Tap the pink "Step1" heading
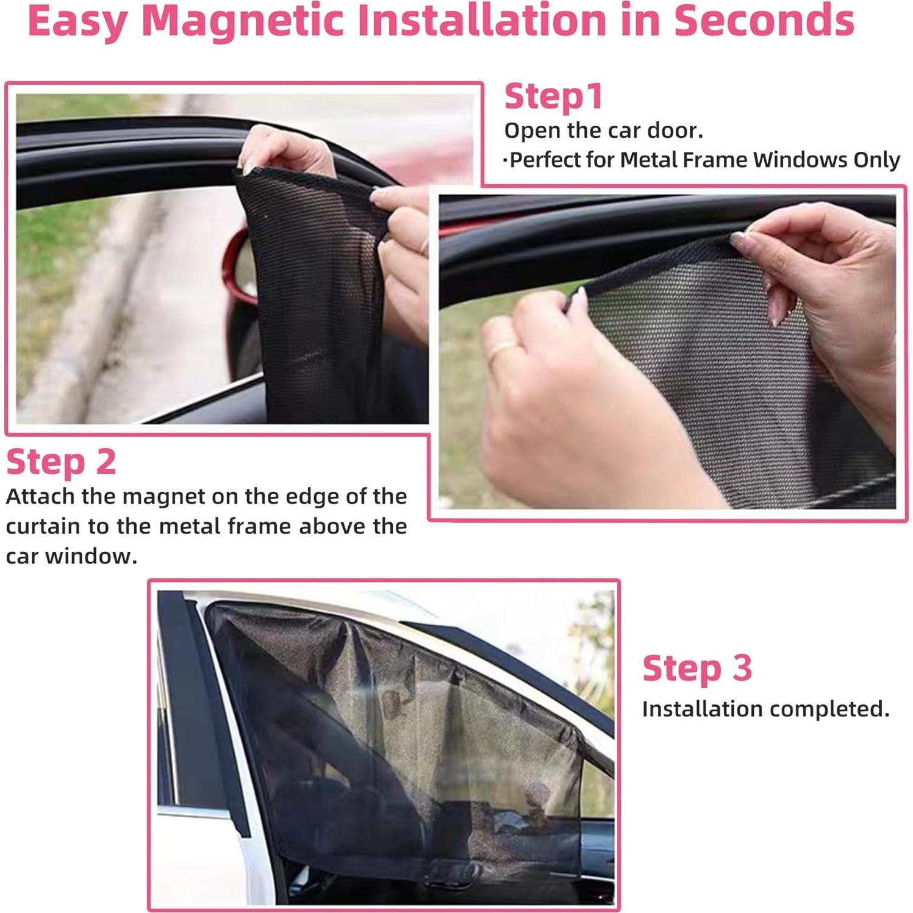pyautogui.click(x=553, y=97)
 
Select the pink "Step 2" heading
pyautogui.click(x=61, y=462)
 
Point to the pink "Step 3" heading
pyautogui.click(x=696, y=668)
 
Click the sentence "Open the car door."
pyautogui.click(x=603, y=131)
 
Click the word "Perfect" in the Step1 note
pyautogui.click(x=545, y=160)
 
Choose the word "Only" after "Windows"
pyautogui.click(x=876, y=160)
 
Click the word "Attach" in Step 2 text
pyautogui.click(x=40, y=496)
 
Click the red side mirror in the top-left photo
pyautogui.click(x=239, y=268)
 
